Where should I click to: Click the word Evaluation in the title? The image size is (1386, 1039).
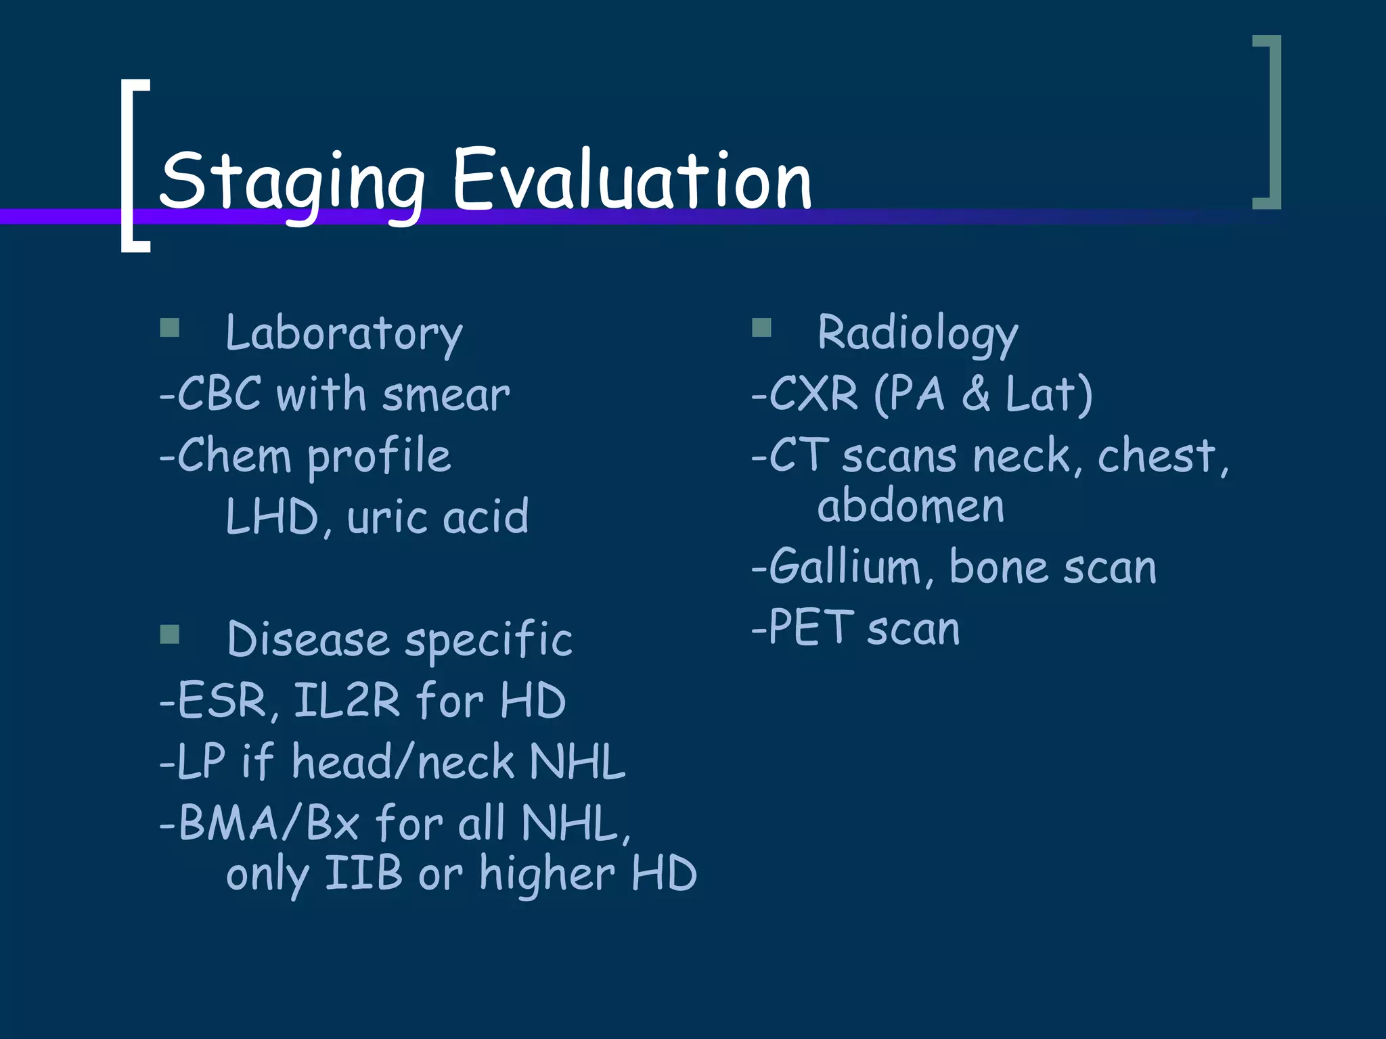click(x=631, y=179)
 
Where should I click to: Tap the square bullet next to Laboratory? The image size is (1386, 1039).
click(x=170, y=328)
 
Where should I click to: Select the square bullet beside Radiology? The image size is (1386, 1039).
click(x=761, y=328)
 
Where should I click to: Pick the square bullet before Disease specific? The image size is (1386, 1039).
click(x=170, y=634)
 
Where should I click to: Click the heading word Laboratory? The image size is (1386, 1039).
click(x=344, y=333)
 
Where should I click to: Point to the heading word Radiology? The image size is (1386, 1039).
click(x=917, y=333)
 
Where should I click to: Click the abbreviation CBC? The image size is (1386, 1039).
click(x=219, y=394)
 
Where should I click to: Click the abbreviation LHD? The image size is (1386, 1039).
click(x=271, y=517)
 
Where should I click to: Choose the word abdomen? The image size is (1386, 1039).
click(x=910, y=506)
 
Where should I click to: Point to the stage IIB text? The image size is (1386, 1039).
click(x=363, y=873)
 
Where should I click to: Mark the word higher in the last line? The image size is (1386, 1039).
click(x=547, y=875)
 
